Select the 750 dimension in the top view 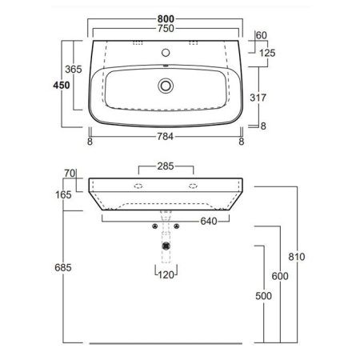[x=166, y=26]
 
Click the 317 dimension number [x=256, y=97]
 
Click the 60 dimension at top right [x=262, y=35]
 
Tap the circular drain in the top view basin [x=166, y=84]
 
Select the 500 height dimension [x=262, y=296]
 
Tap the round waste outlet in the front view [x=166, y=246]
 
